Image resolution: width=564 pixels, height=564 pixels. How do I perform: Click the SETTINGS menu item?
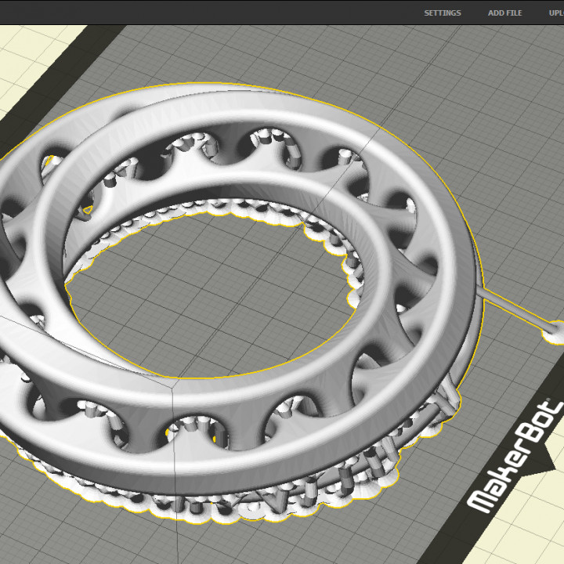pyautogui.click(x=443, y=13)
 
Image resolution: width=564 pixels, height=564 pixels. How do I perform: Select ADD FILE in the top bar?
pyautogui.click(x=504, y=13)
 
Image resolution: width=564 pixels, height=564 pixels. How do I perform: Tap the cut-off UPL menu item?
pyautogui.click(x=555, y=13)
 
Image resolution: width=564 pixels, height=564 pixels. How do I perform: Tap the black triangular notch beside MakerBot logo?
pyautogui.click(x=552, y=462)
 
